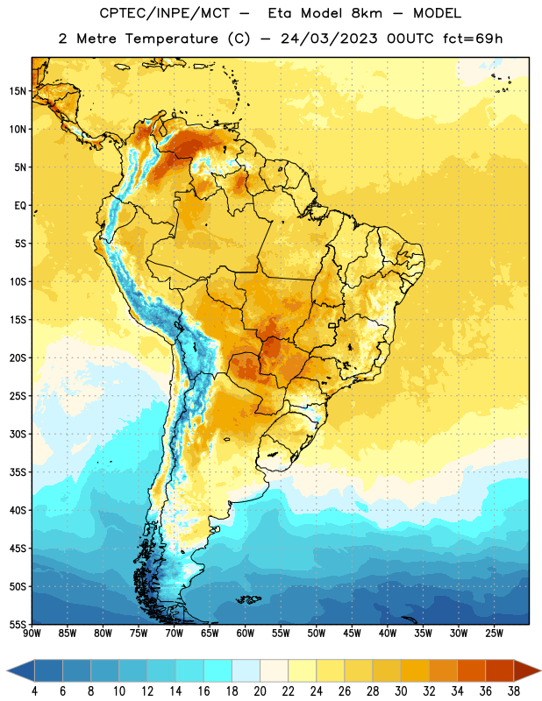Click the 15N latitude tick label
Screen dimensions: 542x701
click(x=18, y=91)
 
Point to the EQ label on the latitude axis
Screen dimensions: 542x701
click(x=20, y=206)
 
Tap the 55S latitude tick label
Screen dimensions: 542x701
click(x=18, y=624)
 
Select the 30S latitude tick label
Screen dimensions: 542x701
click(x=18, y=434)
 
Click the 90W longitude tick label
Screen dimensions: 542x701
click(x=32, y=634)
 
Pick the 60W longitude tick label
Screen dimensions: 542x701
click(x=246, y=634)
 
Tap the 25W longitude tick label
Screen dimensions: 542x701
click(x=494, y=634)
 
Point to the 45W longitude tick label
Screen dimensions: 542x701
click(x=352, y=634)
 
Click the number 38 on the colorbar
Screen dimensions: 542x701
click(x=513, y=691)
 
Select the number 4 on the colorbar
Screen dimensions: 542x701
click(x=34, y=691)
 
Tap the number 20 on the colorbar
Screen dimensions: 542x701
click(x=260, y=691)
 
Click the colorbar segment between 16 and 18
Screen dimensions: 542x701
click(x=218, y=671)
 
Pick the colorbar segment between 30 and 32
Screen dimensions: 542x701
click(x=415, y=671)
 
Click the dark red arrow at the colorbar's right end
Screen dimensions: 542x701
click(x=527, y=671)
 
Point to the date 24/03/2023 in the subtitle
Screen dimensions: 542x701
click(x=330, y=39)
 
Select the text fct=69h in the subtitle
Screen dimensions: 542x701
click(x=473, y=39)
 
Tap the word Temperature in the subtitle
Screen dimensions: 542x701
click(x=172, y=39)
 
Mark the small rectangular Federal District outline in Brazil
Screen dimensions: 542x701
click(x=332, y=325)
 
